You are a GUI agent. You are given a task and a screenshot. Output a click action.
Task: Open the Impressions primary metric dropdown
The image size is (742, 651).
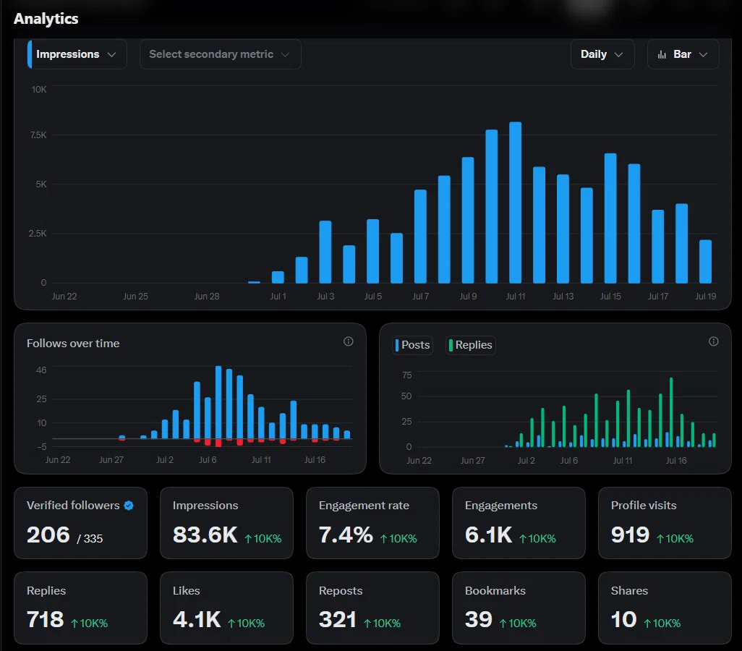coord(77,54)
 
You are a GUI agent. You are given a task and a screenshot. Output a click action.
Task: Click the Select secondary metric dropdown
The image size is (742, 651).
coord(220,54)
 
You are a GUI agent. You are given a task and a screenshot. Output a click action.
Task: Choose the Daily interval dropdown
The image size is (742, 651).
coord(602,54)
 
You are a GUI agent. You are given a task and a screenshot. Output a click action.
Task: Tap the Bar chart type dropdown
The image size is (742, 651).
coord(683,54)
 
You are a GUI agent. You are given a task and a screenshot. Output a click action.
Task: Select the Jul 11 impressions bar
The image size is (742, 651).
coord(516,203)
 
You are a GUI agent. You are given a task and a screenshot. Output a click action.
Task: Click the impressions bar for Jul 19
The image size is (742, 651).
coord(705,261)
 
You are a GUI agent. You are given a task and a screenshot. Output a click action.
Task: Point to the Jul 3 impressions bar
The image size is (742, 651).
coord(325,252)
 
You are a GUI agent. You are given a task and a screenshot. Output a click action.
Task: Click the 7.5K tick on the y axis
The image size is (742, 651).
coord(38,135)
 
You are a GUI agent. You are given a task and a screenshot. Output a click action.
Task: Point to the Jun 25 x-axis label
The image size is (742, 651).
coord(135,297)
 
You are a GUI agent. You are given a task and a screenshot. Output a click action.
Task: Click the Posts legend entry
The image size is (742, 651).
coord(413,345)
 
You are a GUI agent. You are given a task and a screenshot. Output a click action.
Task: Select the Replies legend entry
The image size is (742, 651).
coord(470,345)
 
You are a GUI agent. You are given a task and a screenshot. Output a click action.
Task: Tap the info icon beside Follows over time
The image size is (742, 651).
coord(349,341)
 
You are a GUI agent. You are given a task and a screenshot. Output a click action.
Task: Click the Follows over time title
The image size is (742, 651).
coord(73,344)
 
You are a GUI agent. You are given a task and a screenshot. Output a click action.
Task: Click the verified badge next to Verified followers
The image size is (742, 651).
coord(129,506)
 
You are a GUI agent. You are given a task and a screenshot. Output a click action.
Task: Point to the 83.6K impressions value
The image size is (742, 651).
coord(205,535)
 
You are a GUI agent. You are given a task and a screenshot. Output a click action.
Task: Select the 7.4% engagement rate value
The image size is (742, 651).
coord(346,535)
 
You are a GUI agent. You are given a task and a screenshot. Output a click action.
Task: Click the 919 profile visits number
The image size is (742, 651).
coord(630,535)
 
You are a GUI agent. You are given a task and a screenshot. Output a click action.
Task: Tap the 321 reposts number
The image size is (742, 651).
coord(338,620)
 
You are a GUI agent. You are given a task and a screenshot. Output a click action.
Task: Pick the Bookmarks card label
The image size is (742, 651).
coord(495,591)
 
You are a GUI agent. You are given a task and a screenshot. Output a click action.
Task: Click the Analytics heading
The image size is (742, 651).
coord(46,19)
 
